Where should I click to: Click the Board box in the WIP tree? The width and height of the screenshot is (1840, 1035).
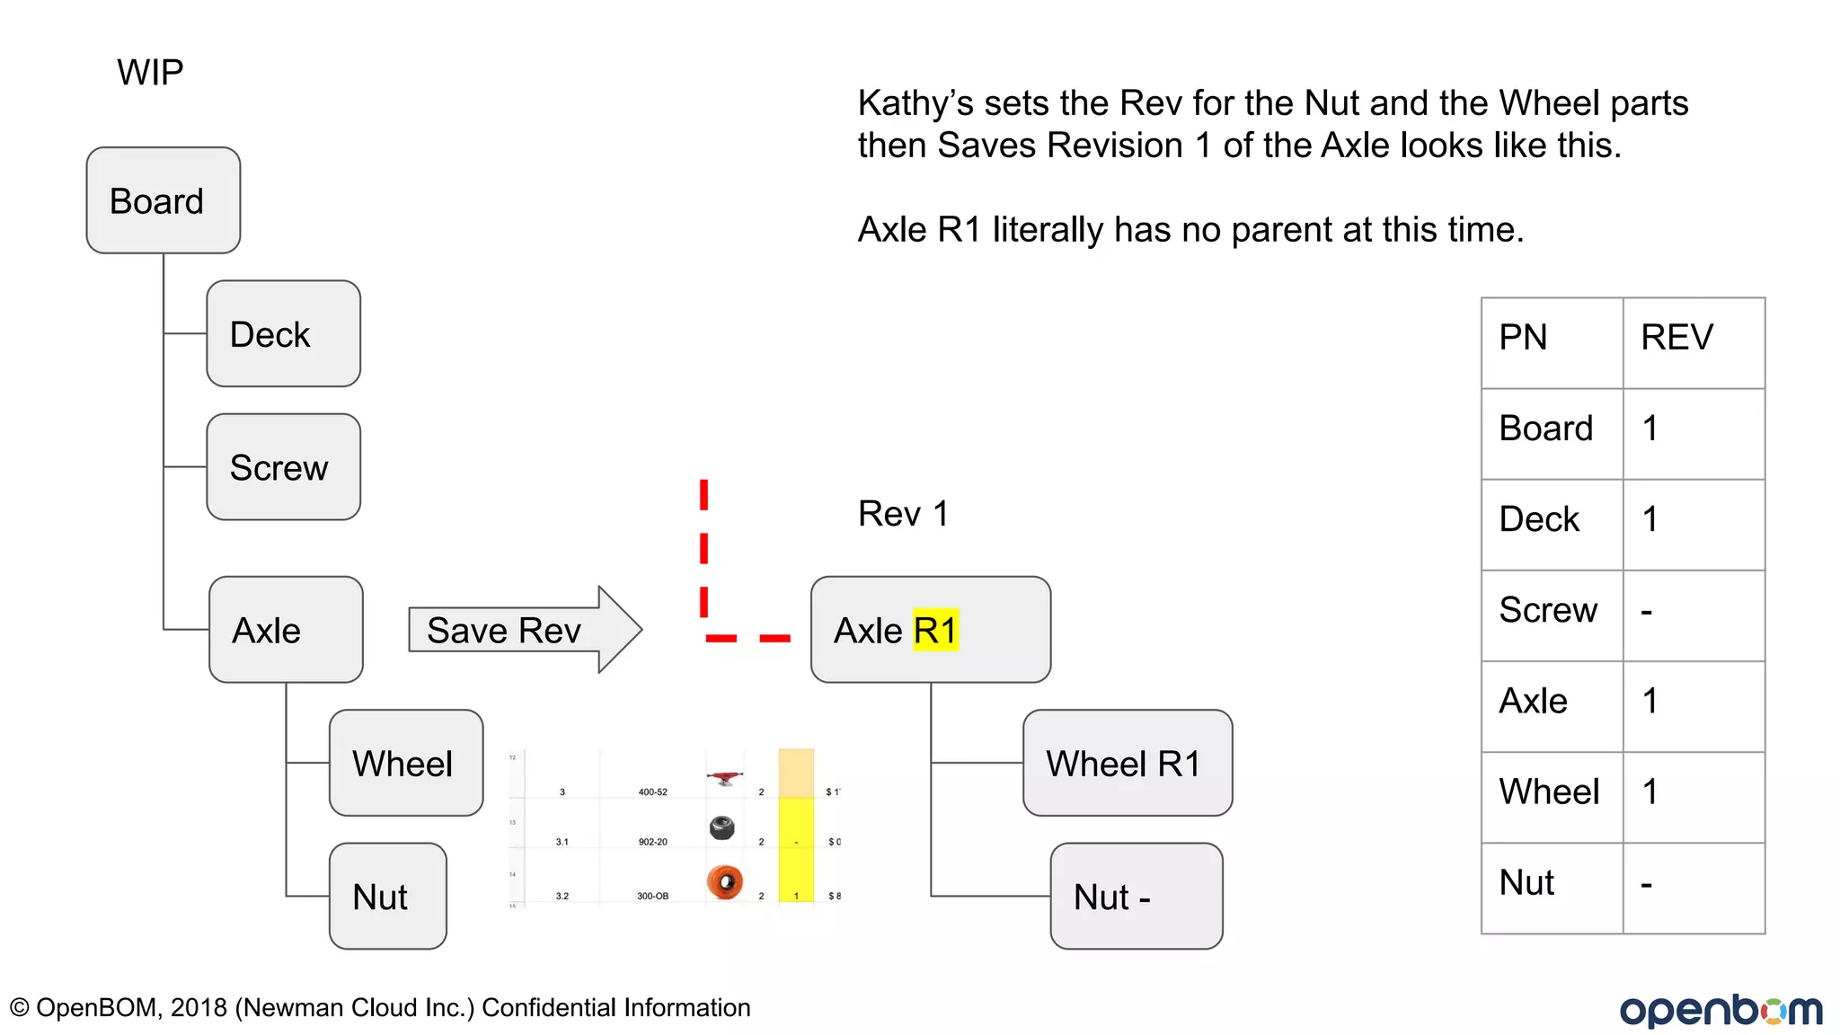point(163,200)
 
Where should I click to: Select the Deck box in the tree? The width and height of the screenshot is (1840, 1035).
point(283,333)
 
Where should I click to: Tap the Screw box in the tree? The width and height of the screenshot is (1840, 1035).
point(283,467)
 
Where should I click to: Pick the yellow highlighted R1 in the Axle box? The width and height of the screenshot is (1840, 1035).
point(935,630)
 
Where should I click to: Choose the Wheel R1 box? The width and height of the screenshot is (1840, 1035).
point(1127,763)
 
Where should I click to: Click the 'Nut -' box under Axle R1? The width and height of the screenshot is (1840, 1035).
point(1136,896)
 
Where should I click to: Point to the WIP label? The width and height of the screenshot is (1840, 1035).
point(150,72)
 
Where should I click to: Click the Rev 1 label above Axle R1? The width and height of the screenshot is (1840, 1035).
point(903,514)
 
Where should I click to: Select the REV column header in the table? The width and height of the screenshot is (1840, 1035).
point(1676,338)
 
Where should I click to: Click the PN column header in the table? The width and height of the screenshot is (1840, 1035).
point(1523,338)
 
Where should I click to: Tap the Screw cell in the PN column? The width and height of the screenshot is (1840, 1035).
point(1548,610)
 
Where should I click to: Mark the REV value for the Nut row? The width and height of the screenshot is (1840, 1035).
point(1647,884)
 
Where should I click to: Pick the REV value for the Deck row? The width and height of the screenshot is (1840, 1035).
point(1650,519)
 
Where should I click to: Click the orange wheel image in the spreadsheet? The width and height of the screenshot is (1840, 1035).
point(724,881)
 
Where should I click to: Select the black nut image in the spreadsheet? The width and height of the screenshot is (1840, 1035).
point(721,827)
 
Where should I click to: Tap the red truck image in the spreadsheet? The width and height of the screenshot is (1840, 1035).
point(725,777)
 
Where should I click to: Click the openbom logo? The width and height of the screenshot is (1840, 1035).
point(1720,1010)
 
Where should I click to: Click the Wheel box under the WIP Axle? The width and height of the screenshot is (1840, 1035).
point(405,763)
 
